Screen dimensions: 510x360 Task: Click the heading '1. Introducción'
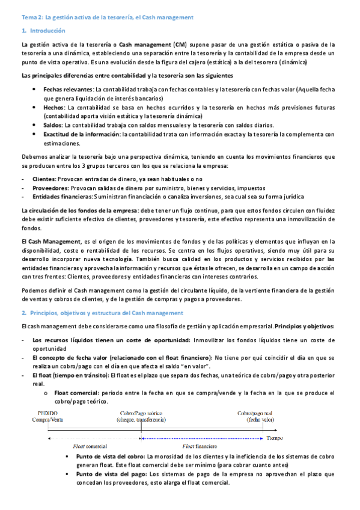tap(43, 31)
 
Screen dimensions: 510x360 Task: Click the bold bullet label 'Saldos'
tap(53, 125)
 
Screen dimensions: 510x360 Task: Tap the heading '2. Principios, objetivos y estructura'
tap(102, 314)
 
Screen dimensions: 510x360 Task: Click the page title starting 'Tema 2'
tap(120, 17)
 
